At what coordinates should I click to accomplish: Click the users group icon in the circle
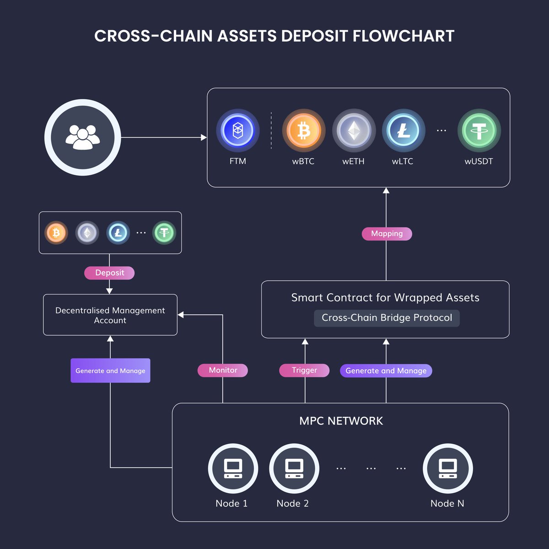[83, 137]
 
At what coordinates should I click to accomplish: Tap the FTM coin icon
[238, 130]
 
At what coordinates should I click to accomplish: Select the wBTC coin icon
[303, 130]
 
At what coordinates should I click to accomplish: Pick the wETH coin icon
[354, 130]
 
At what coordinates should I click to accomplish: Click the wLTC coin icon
[404, 130]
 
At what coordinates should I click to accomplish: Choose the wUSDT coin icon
[479, 130]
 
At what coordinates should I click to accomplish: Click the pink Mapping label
[387, 234]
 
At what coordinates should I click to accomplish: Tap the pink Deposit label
[109, 273]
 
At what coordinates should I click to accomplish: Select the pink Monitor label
[223, 371]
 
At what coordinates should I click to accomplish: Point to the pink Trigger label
[304, 371]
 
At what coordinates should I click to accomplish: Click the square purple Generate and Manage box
[110, 371]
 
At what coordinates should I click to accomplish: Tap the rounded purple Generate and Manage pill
[386, 371]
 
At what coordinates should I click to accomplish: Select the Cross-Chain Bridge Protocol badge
[387, 318]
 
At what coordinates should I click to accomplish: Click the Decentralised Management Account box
[110, 315]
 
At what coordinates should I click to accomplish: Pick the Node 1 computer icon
[233, 468]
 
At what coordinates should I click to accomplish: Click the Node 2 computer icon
[294, 468]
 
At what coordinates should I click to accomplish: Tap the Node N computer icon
[447, 468]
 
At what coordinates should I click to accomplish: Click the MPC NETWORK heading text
[341, 421]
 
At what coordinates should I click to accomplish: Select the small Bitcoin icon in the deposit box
[56, 233]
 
